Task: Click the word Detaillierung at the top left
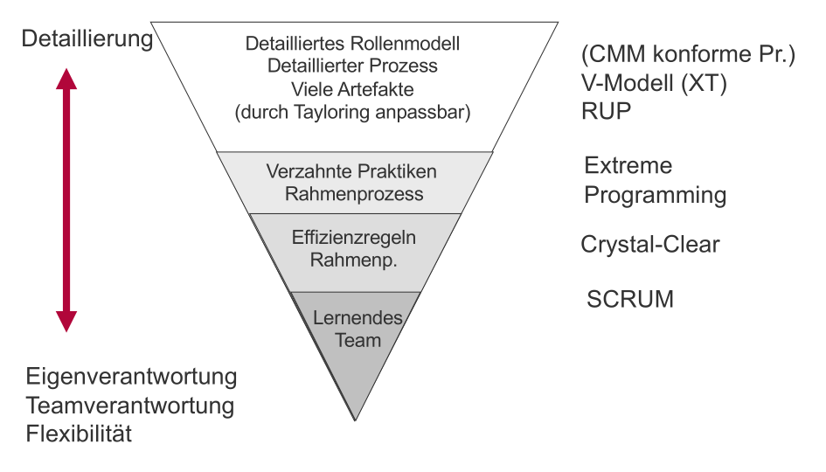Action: pyautogui.click(x=87, y=40)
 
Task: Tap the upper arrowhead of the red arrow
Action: pyautogui.click(x=66, y=80)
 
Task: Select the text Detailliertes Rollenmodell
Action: pyautogui.click(x=352, y=44)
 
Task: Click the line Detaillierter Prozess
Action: pyautogui.click(x=352, y=66)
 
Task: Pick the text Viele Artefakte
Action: pyautogui.click(x=352, y=89)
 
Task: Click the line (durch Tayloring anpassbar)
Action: pyautogui.click(x=352, y=112)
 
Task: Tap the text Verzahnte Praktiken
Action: pyautogui.click(x=351, y=171)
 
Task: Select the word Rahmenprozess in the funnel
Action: pyautogui.click(x=351, y=193)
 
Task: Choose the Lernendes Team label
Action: pyautogui.click(x=358, y=329)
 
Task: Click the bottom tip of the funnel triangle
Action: pyautogui.click(x=355, y=420)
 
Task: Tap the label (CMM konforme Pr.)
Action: pyautogui.click(x=688, y=56)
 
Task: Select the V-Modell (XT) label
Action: pyautogui.click(x=655, y=84)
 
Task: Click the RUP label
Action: pyautogui.click(x=606, y=112)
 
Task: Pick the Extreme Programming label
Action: pyautogui.click(x=655, y=180)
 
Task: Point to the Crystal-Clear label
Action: pyautogui.click(x=650, y=245)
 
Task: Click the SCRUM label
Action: pyautogui.click(x=630, y=299)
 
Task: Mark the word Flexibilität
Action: pyautogui.click(x=79, y=434)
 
